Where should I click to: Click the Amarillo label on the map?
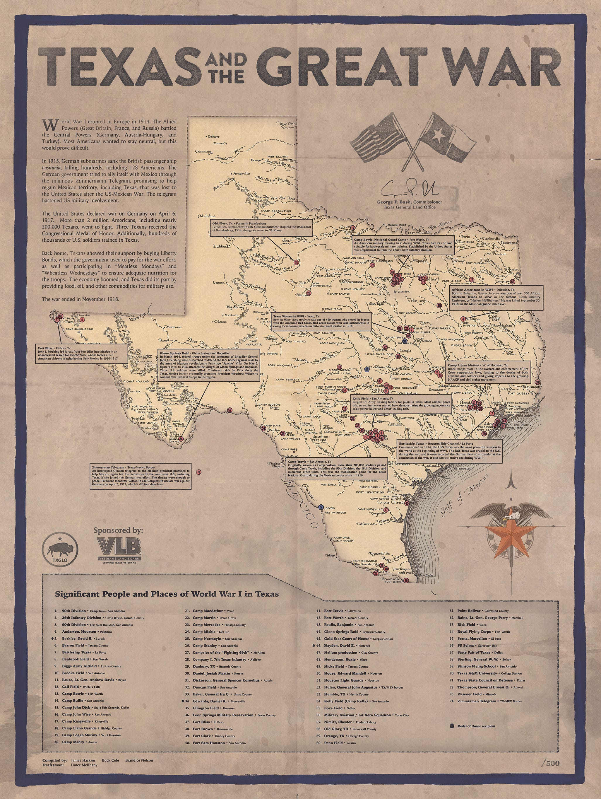[x=241, y=173]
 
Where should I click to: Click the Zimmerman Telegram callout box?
[x=141, y=477]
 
